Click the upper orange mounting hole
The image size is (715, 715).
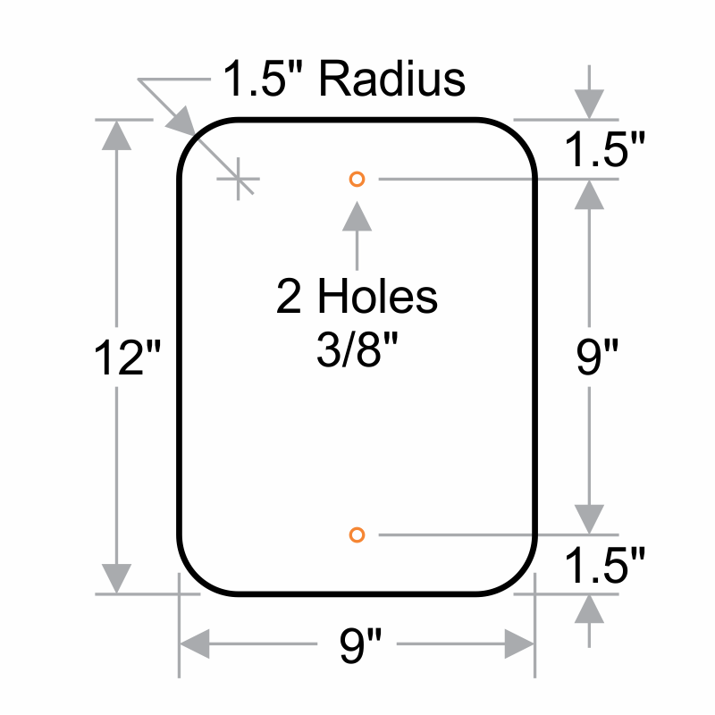[357, 180]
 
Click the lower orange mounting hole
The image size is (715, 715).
[357, 534]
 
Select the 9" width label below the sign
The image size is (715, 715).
[360, 644]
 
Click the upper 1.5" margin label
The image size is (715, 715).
[605, 148]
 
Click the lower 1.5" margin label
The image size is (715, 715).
[605, 565]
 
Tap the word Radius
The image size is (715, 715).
[392, 79]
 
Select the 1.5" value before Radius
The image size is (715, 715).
[263, 79]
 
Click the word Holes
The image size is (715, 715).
[377, 297]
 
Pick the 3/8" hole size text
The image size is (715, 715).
[357, 349]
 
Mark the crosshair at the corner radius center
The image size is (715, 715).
[238, 180]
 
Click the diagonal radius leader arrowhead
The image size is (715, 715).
[181, 122]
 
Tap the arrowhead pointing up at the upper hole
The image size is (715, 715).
[357, 216]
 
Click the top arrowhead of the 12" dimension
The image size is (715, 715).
[117, 135]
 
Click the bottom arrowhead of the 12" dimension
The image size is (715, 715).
[117, 578]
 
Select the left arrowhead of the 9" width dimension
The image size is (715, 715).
[195, 643]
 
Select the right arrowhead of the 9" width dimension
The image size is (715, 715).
[519, 643]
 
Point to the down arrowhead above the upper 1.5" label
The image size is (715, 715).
[589, 105]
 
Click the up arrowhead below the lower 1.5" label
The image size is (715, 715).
[589, 610]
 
